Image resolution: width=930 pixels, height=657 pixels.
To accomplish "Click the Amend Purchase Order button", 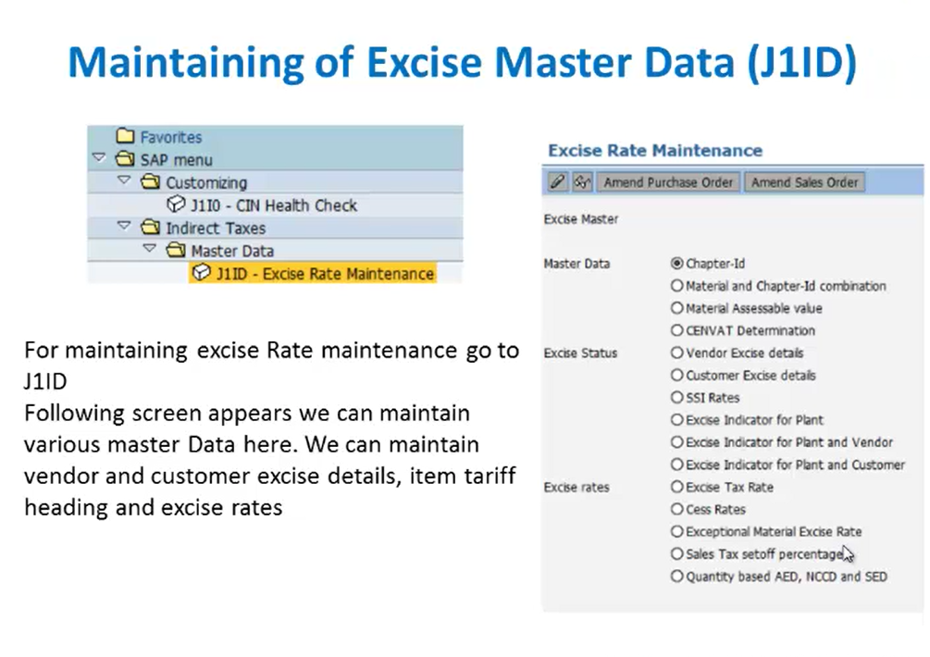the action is [668, 182].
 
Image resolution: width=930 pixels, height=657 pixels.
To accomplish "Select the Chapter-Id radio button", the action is [676, 264].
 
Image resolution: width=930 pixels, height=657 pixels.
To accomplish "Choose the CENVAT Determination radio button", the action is [676, 330].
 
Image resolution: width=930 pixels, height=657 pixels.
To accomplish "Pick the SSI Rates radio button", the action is [676, 397].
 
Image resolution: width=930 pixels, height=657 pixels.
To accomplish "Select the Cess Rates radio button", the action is [676, 509].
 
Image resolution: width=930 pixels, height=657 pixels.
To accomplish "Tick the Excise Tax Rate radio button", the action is [676, 487].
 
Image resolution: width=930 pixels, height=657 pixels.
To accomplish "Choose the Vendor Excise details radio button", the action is [676, 353].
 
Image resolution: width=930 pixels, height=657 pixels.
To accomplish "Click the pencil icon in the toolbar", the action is [557, 182].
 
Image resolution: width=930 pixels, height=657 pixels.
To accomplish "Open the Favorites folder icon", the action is [125, 136].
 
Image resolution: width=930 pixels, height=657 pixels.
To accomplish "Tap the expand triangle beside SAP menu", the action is [99, 157].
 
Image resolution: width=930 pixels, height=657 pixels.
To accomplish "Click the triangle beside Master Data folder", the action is [150, 248].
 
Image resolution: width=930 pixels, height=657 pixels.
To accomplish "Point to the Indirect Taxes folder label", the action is [216, 229].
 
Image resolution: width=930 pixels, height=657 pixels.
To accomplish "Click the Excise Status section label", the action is [580, 353].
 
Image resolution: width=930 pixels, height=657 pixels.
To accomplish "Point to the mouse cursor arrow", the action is [848, 554].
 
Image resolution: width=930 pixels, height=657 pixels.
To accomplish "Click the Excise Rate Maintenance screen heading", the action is [655, 150].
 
